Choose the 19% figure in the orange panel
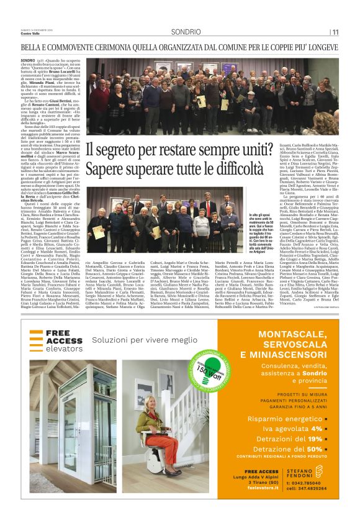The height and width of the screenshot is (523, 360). click(x=313, y=439)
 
